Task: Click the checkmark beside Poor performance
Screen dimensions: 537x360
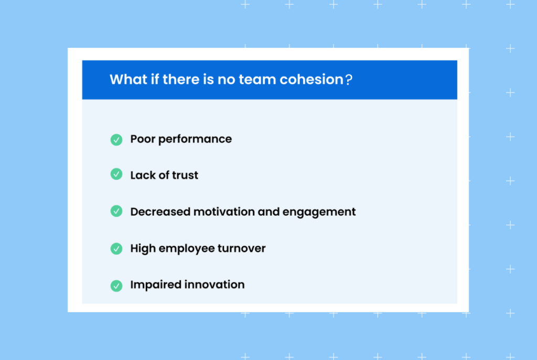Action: click(116, 140)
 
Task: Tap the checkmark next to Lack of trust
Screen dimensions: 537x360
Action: click(116, 174)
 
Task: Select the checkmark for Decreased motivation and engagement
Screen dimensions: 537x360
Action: click(116, 211)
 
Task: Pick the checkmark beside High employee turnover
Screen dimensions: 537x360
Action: click(116, 249)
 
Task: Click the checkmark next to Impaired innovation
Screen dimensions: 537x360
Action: click(116, 285)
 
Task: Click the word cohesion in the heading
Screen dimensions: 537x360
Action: click(312, 80)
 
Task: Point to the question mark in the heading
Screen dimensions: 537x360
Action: click(349, 80)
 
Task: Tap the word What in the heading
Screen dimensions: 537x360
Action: click(128, 80)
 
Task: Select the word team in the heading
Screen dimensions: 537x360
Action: click(257, 80)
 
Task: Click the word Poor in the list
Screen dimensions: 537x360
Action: click(143, 139)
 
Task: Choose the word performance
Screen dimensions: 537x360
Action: click(195, 139)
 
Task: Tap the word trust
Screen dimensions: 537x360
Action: click(185, 175)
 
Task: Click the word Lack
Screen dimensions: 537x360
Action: click(143, 175)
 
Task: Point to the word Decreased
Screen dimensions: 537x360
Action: click(160, 212)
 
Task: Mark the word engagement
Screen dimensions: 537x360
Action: click(319, 212)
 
